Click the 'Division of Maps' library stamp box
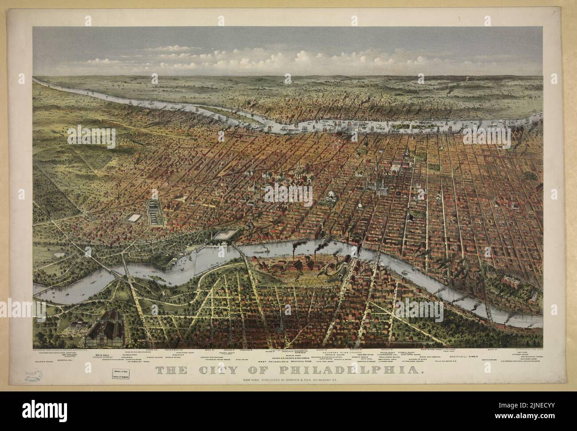[121, 370]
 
